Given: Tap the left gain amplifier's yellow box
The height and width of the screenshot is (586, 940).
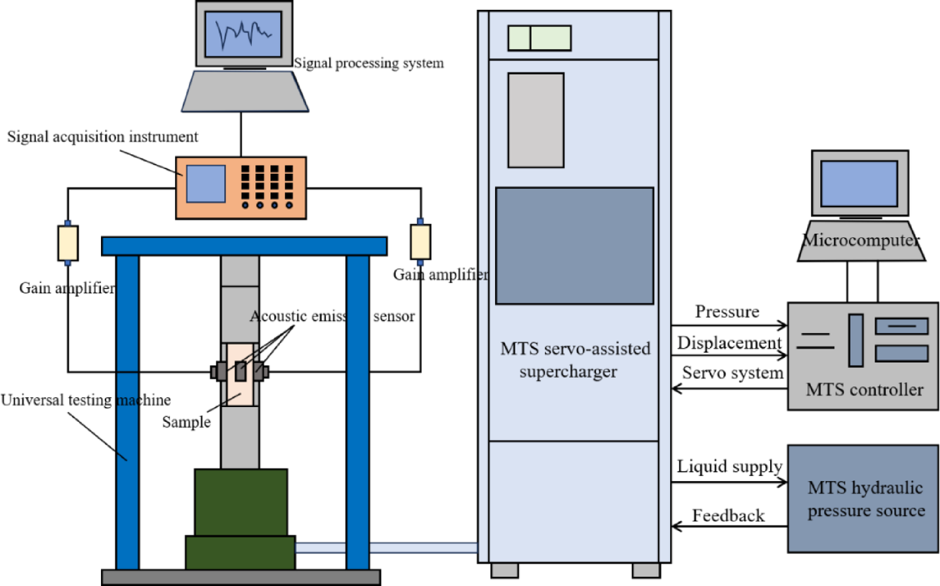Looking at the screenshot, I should click(x=68, y=243).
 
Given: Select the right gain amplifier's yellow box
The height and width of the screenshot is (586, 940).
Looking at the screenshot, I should click(x=420, y=242).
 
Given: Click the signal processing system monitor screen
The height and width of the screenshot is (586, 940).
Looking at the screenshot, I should click(x=243, y=33).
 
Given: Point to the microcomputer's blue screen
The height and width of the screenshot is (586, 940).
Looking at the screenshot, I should click(x=859, y=184).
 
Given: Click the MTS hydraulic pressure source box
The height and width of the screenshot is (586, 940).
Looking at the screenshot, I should click(x=863, y=499).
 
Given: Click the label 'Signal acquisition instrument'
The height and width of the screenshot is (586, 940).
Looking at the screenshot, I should click(x=102, y=137).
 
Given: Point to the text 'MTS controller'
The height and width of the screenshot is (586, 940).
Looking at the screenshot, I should click(x=864, y=390).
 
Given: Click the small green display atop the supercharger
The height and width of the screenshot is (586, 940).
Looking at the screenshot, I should click(x=539, y=38).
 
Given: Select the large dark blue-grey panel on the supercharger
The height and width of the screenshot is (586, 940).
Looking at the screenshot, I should click(x=574, y=246).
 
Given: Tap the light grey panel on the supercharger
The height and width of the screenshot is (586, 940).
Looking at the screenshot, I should click(x=536, y=120).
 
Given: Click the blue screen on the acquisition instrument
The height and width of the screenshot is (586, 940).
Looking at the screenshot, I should click(x=206, y=184).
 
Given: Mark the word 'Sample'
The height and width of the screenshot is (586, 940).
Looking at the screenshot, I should click(x=186, y=422).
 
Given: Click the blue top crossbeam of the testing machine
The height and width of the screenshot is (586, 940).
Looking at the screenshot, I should click(x=244, y=246).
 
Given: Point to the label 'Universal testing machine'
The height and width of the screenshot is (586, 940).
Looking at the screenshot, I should click(x=85, y=400).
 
